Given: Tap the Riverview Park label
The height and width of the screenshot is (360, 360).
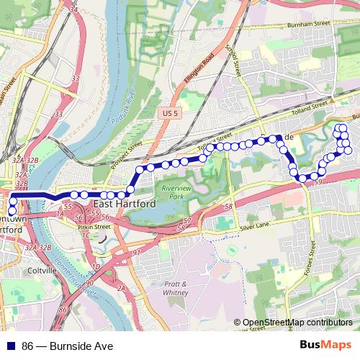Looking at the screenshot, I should (x=175, y=192).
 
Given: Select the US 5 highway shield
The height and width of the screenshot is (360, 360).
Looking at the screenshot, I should (x=167, y=114).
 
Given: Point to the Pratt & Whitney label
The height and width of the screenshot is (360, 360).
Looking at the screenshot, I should (x=176, y=288).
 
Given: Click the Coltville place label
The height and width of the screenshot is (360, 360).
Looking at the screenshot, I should (x=39, y=270).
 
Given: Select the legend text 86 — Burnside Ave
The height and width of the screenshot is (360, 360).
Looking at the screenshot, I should (x=67, y=346).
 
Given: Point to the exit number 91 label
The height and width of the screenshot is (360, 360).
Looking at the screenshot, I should (x=137, y=253).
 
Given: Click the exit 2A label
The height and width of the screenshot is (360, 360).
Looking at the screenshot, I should (x=121, y=288).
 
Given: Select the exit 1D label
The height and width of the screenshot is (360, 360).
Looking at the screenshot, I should (x=96, y=267).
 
